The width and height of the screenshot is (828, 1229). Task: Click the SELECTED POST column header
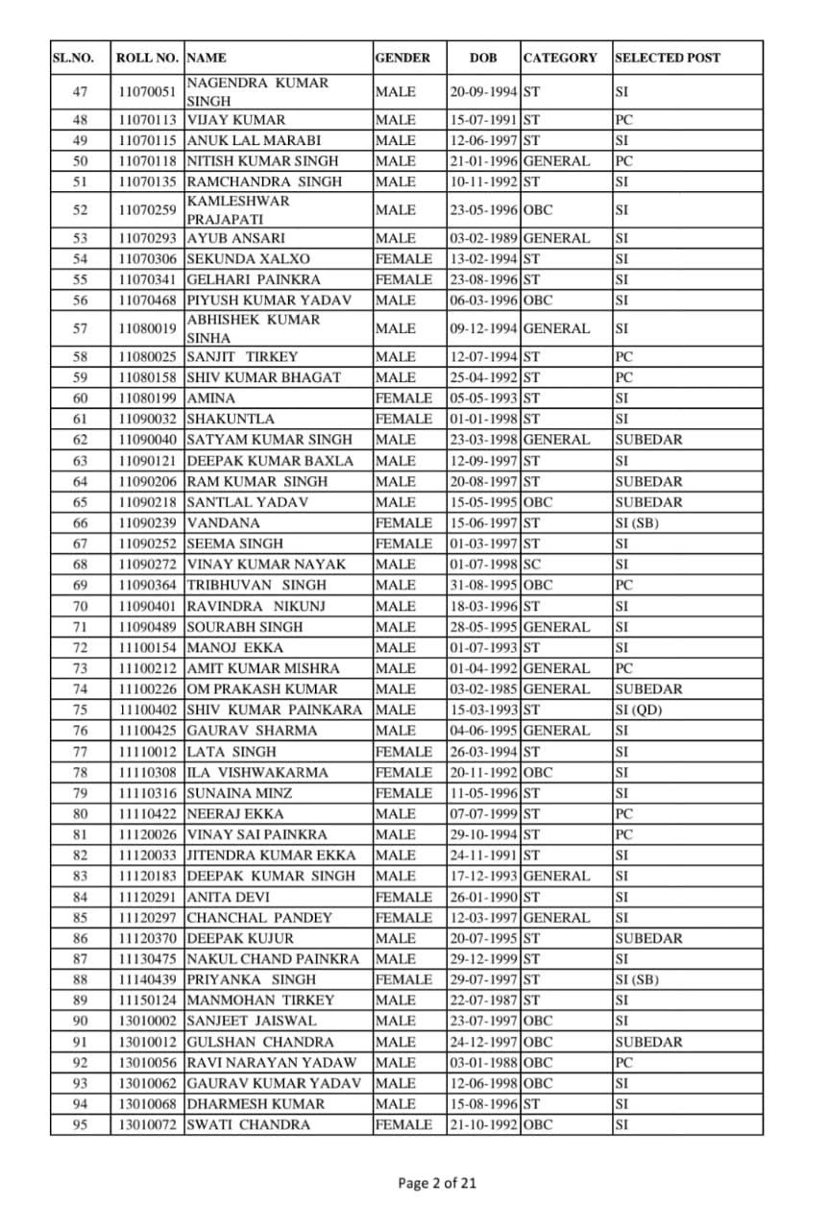coord(668,58)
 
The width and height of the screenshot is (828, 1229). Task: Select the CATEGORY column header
coord(560,58)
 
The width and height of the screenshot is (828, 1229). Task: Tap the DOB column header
coord(483,58)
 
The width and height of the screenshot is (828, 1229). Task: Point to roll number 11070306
coord(147,259)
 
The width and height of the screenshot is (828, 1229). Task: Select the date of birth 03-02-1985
coord(483,689)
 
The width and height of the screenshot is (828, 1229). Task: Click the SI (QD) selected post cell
coord(639,711)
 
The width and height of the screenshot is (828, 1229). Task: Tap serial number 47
coord(80,92)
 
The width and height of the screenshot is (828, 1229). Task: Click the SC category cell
coord(532,565)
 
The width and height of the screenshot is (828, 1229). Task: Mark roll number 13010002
coord(147,1022)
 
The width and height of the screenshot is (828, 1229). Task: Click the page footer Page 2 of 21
coord(437,1183)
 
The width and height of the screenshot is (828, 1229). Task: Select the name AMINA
coord(210,398)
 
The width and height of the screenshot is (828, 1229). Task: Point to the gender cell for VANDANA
coord(403,523)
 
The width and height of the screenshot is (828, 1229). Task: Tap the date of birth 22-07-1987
coord(483,1000)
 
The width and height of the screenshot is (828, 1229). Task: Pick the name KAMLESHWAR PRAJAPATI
coord(238,210)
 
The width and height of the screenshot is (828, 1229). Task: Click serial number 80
coord(80,814)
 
